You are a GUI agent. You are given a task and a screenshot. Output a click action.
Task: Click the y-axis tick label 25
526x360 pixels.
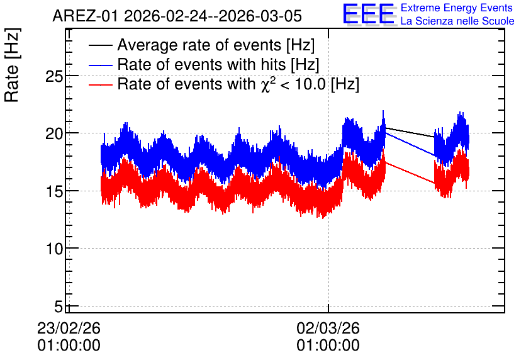[54, 77]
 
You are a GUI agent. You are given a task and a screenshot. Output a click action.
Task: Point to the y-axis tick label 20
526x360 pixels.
[54, 134]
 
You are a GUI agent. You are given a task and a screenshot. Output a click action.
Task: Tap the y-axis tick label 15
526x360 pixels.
[54, 192]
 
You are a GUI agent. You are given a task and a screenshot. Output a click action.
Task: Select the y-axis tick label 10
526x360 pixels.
[54, 249]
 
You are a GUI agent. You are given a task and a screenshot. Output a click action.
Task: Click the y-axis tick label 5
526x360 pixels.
[59, 307]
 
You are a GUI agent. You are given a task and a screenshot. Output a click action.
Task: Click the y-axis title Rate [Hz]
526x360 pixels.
[12, 65]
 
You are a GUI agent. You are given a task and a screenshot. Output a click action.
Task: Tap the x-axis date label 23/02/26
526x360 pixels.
[69, 328]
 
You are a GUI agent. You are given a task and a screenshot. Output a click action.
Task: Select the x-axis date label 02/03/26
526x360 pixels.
[328, 328]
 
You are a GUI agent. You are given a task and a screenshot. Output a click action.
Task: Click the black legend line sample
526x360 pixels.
[100, 45]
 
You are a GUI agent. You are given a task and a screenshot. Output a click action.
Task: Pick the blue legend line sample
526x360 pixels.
[100, 65]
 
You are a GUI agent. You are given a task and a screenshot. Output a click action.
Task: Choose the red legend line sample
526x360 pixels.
[100, 84]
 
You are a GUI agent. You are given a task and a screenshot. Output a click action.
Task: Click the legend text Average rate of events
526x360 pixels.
[199, 45]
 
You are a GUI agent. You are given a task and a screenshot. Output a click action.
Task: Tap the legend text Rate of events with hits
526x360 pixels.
[201, 64]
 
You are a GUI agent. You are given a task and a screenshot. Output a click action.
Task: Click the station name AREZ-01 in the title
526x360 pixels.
[86, 16]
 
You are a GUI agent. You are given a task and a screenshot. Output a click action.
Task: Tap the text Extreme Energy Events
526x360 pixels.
[457, 8]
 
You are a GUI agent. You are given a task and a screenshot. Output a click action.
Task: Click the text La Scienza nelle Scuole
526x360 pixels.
[457, 21]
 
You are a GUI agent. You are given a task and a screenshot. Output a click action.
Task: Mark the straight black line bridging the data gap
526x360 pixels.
[410, 133]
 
